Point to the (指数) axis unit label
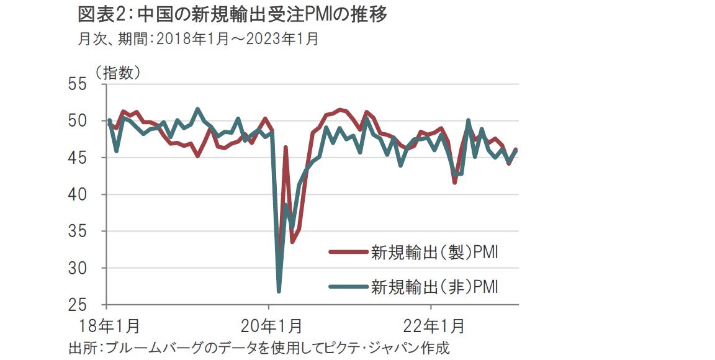point(117,73)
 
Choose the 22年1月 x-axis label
point(433,326)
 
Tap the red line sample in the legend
point(348,253)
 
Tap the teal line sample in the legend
point(348,287)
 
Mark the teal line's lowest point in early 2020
point(279,291)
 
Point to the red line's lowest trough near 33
point(292,241)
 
